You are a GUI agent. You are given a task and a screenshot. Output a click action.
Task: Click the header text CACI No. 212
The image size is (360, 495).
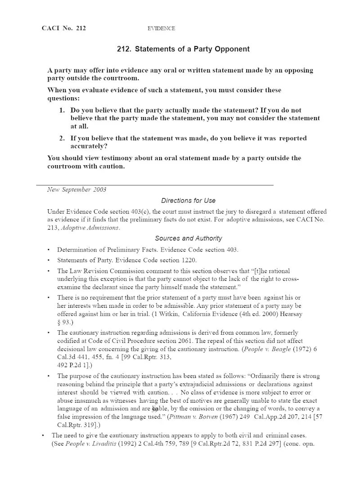click(63, 28)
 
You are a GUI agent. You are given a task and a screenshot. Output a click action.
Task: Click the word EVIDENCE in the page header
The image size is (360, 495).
click(161, 28)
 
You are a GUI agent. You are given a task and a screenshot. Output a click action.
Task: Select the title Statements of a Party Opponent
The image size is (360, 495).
click(183, 49)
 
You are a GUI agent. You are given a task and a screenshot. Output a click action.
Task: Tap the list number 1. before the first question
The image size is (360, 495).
click(63, 110)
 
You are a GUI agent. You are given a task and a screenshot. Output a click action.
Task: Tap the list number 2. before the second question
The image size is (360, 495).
click(63, 138)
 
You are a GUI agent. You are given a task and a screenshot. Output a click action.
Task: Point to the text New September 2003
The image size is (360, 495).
click(76, 189)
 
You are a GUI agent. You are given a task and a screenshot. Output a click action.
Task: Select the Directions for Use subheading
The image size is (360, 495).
click(188, 201)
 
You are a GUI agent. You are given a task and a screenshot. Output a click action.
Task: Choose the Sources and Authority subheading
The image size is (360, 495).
click(188, 238)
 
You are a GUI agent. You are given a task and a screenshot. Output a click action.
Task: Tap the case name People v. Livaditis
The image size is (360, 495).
click(90, 444)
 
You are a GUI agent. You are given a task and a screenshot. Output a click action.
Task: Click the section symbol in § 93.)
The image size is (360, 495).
click(59, 322)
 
